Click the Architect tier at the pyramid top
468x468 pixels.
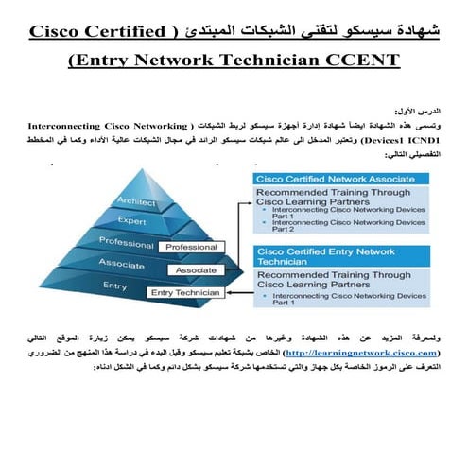click(x=136, y=200)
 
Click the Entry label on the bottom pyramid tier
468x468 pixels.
click(x=114, y=285)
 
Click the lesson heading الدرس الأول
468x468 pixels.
click(x=416, y=110)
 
